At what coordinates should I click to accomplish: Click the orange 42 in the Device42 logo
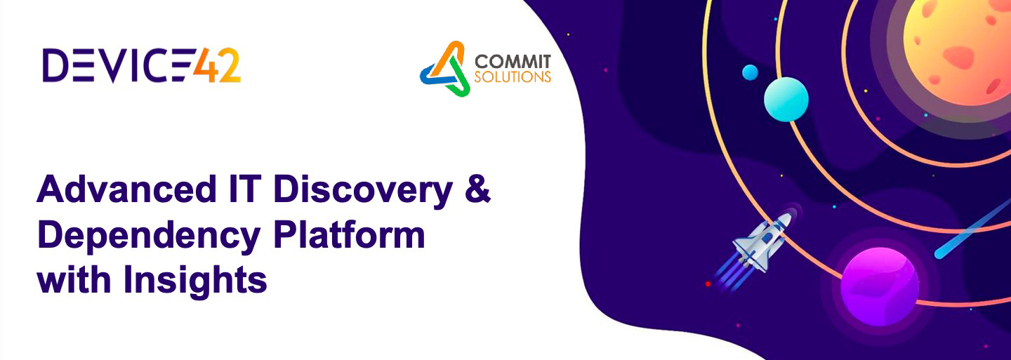[x=217, y=65]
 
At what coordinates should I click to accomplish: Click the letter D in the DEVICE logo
[x=55, y=65]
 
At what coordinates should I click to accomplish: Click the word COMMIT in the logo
[x=513, y=62]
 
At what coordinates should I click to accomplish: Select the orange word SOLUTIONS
[x=513, y=76]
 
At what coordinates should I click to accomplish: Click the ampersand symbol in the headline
[x=477, y=189]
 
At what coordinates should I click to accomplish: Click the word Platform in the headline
[x=349, y=234]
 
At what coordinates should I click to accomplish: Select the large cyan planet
[x=786, y=99]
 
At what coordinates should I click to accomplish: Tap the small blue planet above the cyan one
[x=750, y=72]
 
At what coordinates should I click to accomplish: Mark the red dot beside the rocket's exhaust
[x=708, y=284]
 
